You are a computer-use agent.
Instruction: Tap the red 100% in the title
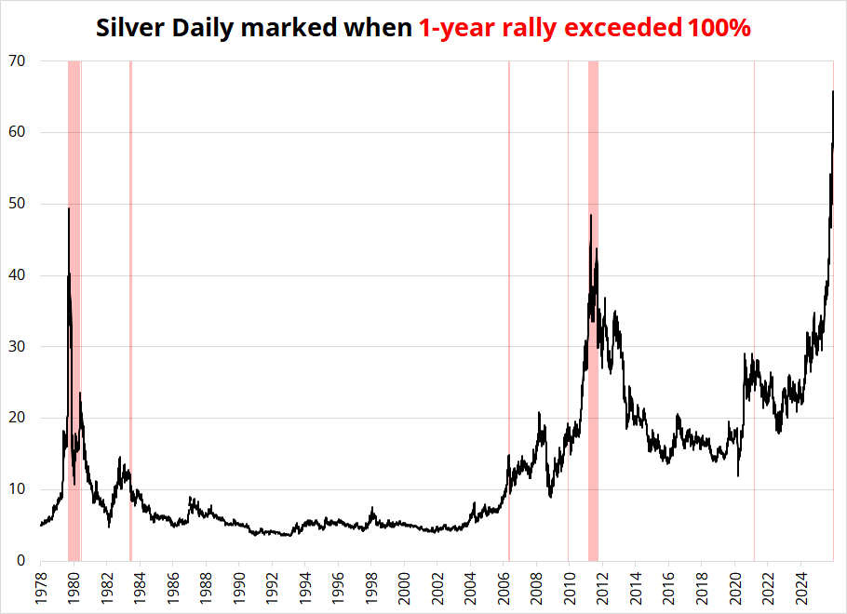coord(719,28)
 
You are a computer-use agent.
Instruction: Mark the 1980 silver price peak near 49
coord(69,208)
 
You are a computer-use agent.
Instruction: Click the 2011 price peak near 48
coord(590,216)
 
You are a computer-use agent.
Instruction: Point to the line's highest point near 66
coord(833,91)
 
